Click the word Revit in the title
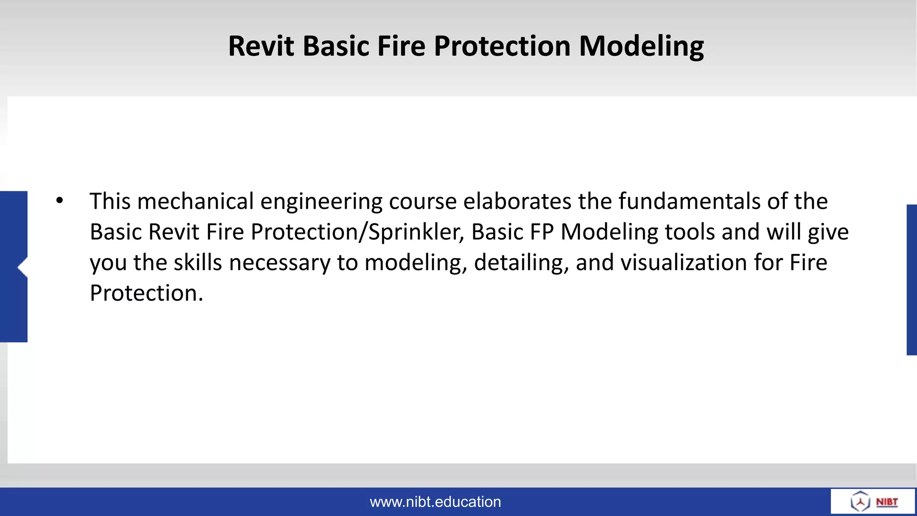(x=261, y=46)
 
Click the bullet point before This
(x=60, y=201)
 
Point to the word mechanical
(x=196, y=201)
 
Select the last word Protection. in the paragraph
(x=146, y=293)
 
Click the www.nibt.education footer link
(x=435, y=502)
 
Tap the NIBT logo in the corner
(x=873, y=501)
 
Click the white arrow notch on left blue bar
(x=23, y=267)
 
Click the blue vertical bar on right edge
(x=912, y=280)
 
